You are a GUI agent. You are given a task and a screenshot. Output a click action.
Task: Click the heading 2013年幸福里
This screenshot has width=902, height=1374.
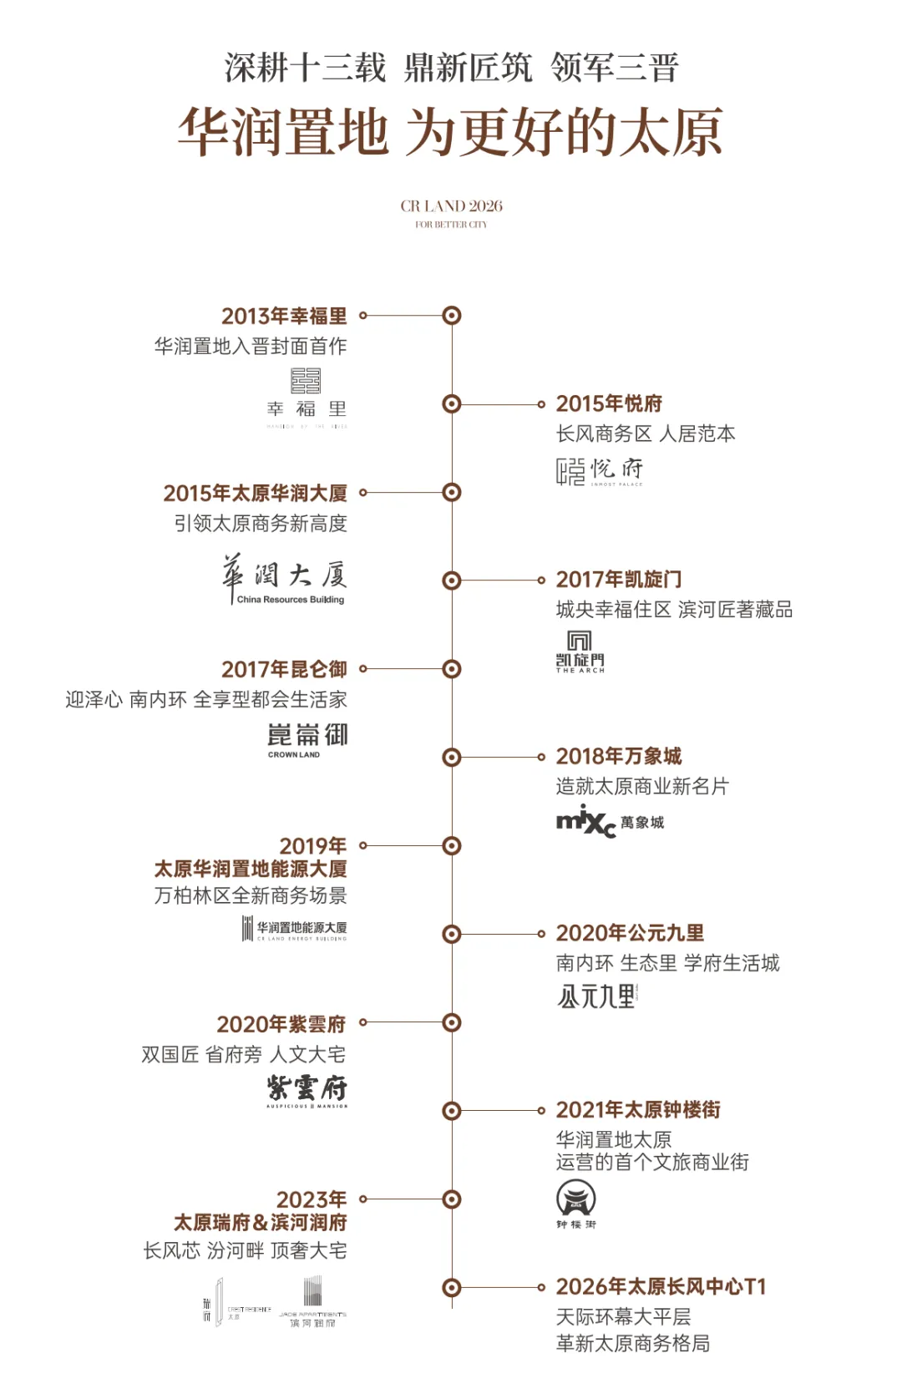click(284, 317)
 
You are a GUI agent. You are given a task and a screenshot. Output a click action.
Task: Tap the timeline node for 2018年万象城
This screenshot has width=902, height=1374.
click(452, 758)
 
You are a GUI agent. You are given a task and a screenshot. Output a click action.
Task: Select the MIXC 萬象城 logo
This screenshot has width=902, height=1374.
click(610, 822)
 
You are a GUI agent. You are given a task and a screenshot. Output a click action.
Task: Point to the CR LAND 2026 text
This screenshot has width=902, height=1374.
click(451, 206)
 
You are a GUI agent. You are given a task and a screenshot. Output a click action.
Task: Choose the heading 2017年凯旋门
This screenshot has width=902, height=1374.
click(619, 580)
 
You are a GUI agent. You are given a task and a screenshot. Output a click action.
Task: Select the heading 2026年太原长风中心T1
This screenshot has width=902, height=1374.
click(661, 1287)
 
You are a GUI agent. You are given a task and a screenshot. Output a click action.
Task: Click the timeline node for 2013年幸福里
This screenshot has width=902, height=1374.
click(452, 316)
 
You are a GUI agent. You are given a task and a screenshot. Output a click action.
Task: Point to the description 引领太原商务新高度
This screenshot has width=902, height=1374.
click(261, 524)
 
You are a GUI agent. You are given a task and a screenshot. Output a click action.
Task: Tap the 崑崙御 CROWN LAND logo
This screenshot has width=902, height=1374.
click(307, 739)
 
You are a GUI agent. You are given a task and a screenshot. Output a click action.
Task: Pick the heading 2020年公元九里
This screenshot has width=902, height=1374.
click(630, 934)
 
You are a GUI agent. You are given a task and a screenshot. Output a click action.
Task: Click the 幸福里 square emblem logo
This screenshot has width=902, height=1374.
click(306, 381)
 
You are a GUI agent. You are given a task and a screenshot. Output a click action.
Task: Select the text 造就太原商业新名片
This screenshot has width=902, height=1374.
click(642, 787)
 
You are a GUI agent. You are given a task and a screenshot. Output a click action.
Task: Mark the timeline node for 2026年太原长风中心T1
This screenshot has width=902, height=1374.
click(452, 1287)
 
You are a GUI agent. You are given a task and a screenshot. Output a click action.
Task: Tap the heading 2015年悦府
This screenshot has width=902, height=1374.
click(609, 404)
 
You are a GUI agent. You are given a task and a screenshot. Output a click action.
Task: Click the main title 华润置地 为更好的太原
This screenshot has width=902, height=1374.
click(451, 132)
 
